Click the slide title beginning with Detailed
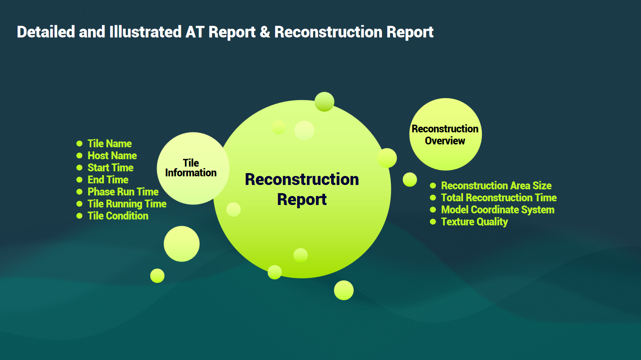click(225, 32)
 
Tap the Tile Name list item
click(110, 144)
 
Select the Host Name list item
click(112, 155)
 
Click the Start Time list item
click(111, 168)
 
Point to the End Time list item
click(108, 180)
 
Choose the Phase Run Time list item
click(123, 191)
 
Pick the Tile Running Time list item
click(127, 204)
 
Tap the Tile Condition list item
click(118, 216)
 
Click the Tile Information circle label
click(191, 168)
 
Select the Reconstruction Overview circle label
click(445, 135)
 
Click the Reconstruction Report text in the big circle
click(302, 189)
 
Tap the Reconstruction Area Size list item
click(496, 186)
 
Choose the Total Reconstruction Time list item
click(499, 198)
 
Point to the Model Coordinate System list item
click(498, 209)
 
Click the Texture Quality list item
click(474, 222)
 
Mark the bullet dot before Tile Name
click(79, 144)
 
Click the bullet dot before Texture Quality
click(433, 222)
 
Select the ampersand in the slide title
click(265, 32)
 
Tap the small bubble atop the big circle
click(324, 102)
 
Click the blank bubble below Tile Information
click(182, 244)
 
